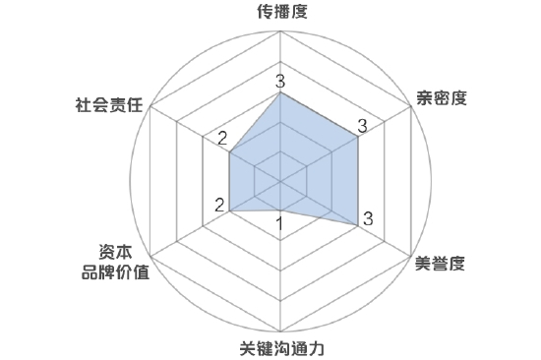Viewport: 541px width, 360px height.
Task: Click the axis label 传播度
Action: coord(280,13)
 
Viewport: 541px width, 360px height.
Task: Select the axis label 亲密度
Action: coord(440,97)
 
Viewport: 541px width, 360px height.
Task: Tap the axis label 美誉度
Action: coord(440,263)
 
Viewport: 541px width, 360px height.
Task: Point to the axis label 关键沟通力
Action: coord(281,347)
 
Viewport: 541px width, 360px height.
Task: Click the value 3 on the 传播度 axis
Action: coord(280,81)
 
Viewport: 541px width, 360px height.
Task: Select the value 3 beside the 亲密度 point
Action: coord(362,126)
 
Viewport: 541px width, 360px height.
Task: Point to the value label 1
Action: coord(280,224)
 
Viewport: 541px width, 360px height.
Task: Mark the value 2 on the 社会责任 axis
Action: coord(222,138)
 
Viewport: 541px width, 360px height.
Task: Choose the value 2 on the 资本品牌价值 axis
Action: coord(221,206)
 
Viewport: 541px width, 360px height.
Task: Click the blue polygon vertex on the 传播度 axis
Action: coord(281,93)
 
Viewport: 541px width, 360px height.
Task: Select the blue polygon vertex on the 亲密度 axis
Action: coord(358,137)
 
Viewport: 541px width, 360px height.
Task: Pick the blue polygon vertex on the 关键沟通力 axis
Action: coord(281,210)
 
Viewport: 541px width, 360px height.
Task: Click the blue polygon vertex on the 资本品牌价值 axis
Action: coord(229,210)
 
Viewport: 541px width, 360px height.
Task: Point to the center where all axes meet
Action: coord(281,181)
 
